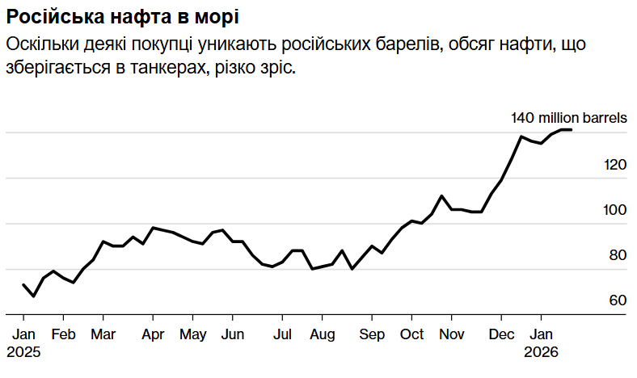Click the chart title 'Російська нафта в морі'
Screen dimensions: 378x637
[121, 16]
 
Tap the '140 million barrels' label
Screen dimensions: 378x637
[568, 118]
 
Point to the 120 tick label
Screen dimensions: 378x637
[616, 165]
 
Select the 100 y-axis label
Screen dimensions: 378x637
[616, 210]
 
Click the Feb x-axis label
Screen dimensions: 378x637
[63, 334]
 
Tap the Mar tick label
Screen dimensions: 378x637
[103, 334]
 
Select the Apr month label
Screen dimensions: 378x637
[153, 334]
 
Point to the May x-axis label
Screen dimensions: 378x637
[193, 334]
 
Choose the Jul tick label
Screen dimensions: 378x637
[282, 334]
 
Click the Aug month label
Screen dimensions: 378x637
[323, 334]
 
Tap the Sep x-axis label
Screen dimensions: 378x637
[372, 334]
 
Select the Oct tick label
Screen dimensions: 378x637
[412, 334]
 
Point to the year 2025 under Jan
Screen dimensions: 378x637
[23, 353]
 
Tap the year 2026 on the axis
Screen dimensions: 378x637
[542, 353]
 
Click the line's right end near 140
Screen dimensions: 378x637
[571, 129]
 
